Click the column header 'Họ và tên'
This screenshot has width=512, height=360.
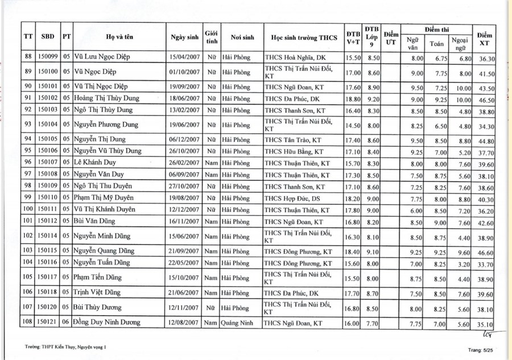coord(118,38)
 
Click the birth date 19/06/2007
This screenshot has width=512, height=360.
coord(184,124)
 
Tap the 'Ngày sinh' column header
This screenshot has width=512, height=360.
coord(184,38)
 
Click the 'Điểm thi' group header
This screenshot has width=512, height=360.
coord(436,28)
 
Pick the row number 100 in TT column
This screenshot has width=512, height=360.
coord(28,209)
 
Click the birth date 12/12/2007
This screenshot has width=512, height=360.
coord(184,209)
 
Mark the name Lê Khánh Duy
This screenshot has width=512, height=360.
coord(94,163)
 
